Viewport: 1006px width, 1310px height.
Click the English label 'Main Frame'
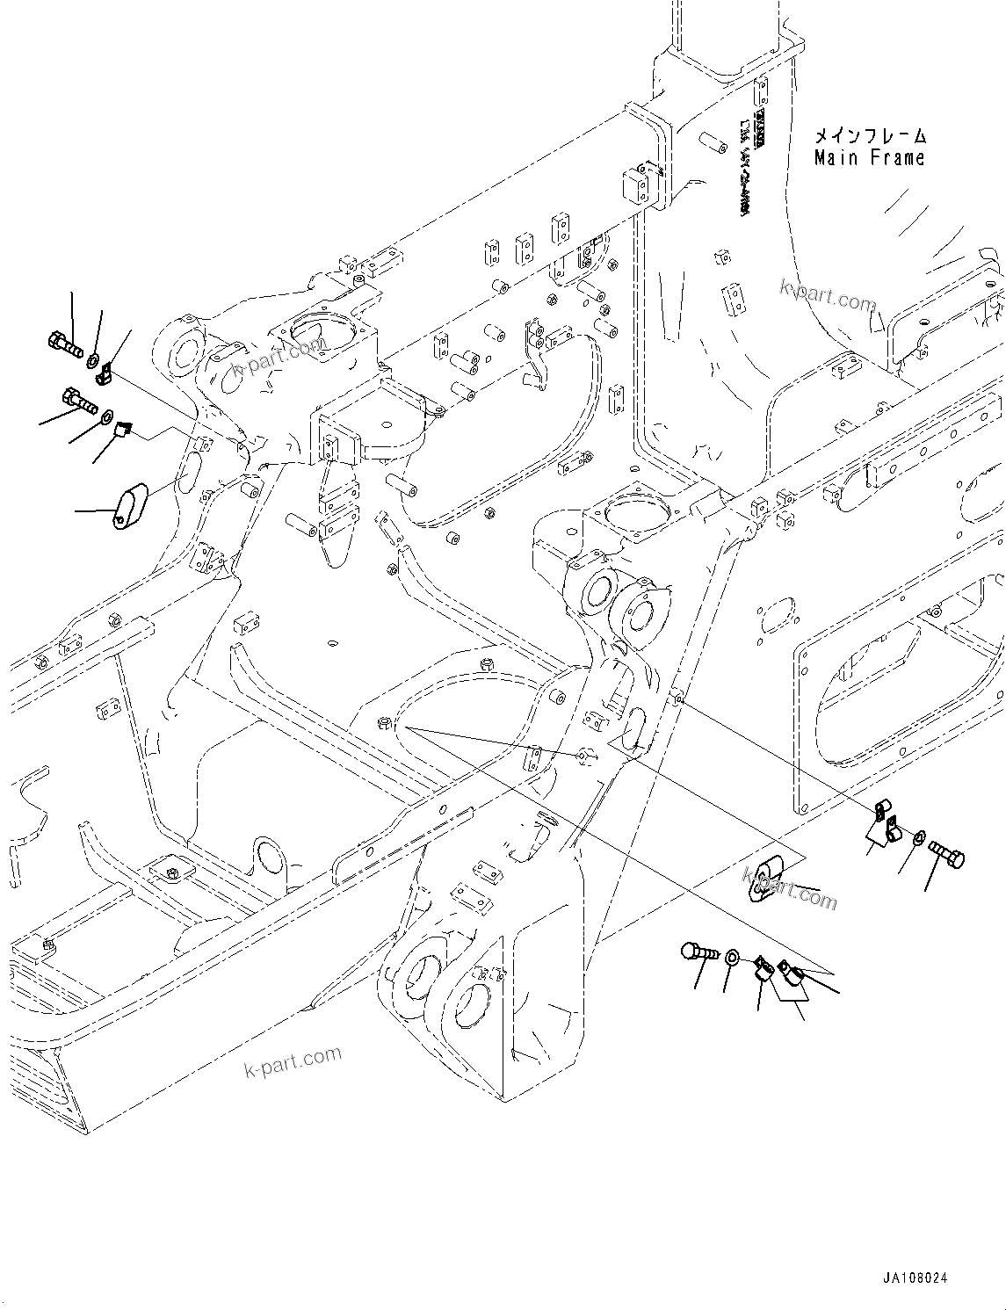coord(869,158)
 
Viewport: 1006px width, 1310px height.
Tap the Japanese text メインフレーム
coord(869,136)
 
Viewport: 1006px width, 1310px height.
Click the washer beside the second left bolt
coord(106,416)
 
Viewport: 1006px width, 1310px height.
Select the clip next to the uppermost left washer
coord(104,376)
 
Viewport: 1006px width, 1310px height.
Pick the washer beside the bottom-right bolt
coord(733,959)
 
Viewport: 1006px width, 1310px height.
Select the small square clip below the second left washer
coord(122,431)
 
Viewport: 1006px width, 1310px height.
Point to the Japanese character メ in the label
coord(821,136)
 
